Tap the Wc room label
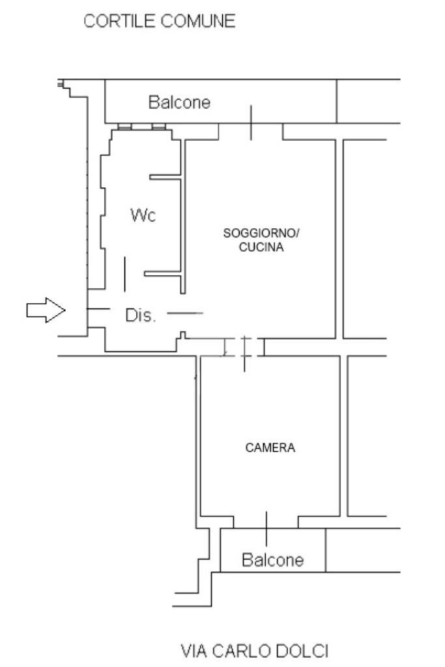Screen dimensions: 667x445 [x=143, y=216]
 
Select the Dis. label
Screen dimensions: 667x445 [x=141, y=316]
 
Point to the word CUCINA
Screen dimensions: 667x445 [x=261, y=247]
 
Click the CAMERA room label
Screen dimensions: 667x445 [x=270, y=448]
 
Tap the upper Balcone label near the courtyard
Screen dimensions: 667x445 [x=179, y=102]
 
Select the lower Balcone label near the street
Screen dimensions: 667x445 [x=272, y=560]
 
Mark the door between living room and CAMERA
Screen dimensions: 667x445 [x=244, y=348]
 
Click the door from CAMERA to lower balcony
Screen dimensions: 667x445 [x=266, y=522]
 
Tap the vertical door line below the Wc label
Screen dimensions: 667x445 [x=124, y=274]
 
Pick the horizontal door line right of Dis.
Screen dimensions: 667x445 [x=185, y=314]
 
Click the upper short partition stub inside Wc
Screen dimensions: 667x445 [x=165, y=177]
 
